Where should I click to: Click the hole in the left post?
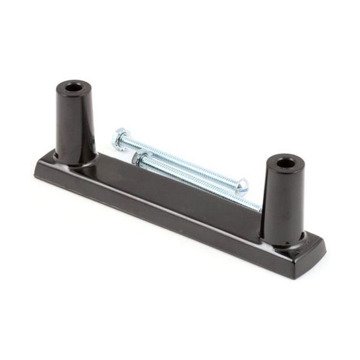[x=74, y=88]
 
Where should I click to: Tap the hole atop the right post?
[x=286, y=163]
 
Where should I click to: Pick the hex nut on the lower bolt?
[x=140, y=160]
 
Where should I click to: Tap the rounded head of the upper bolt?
[x=241, y=185]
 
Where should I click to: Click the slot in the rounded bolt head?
[x=242, y=185]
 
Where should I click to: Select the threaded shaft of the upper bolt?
[x=180, y=161]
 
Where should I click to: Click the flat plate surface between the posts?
[x=174, y=192]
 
